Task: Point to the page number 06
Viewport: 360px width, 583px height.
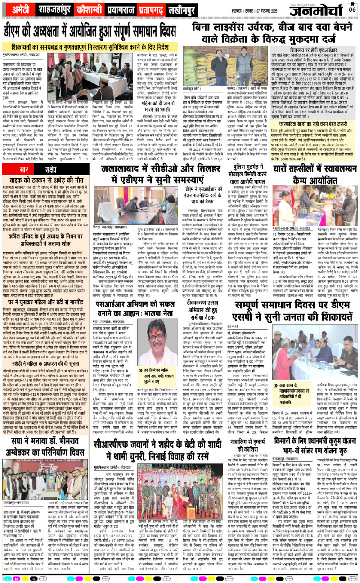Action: pos(352,9)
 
